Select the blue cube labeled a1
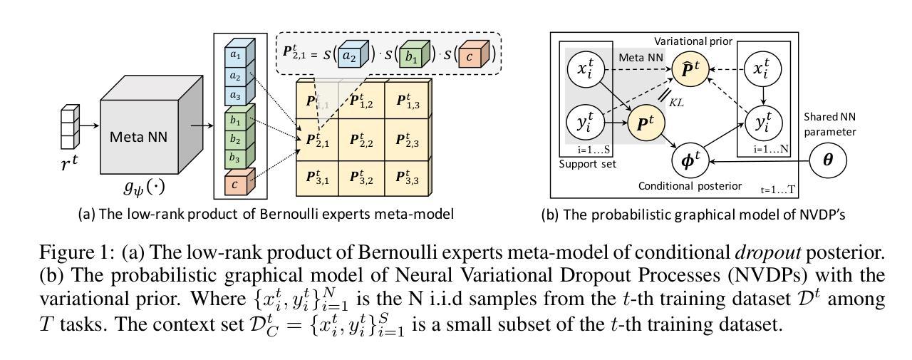(235, 55)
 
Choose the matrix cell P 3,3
(407, 178)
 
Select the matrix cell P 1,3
(407, 101)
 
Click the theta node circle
(828, 161)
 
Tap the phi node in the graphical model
(693, 161)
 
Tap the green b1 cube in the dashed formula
(412, 56)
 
